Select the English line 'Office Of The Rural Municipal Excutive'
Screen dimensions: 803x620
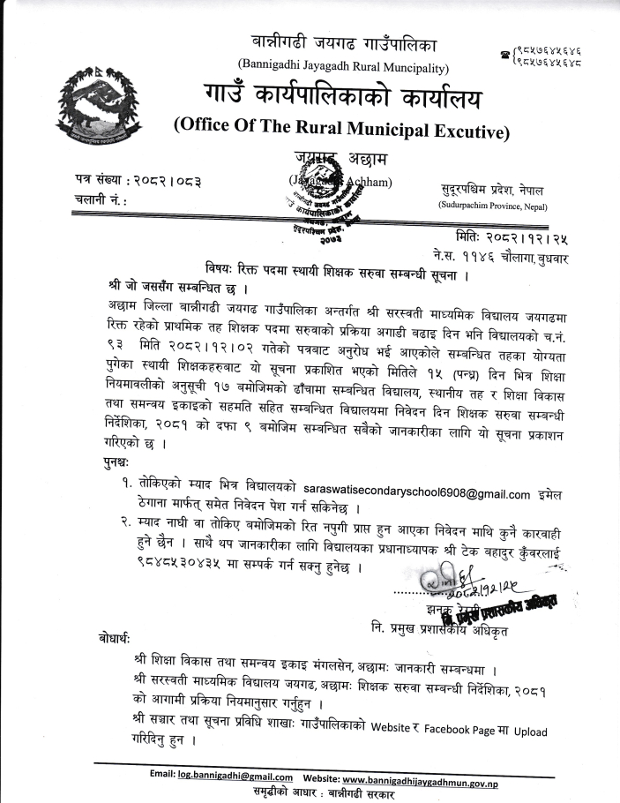pos(341,131)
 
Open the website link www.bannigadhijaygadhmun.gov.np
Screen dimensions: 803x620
pos(422,776)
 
